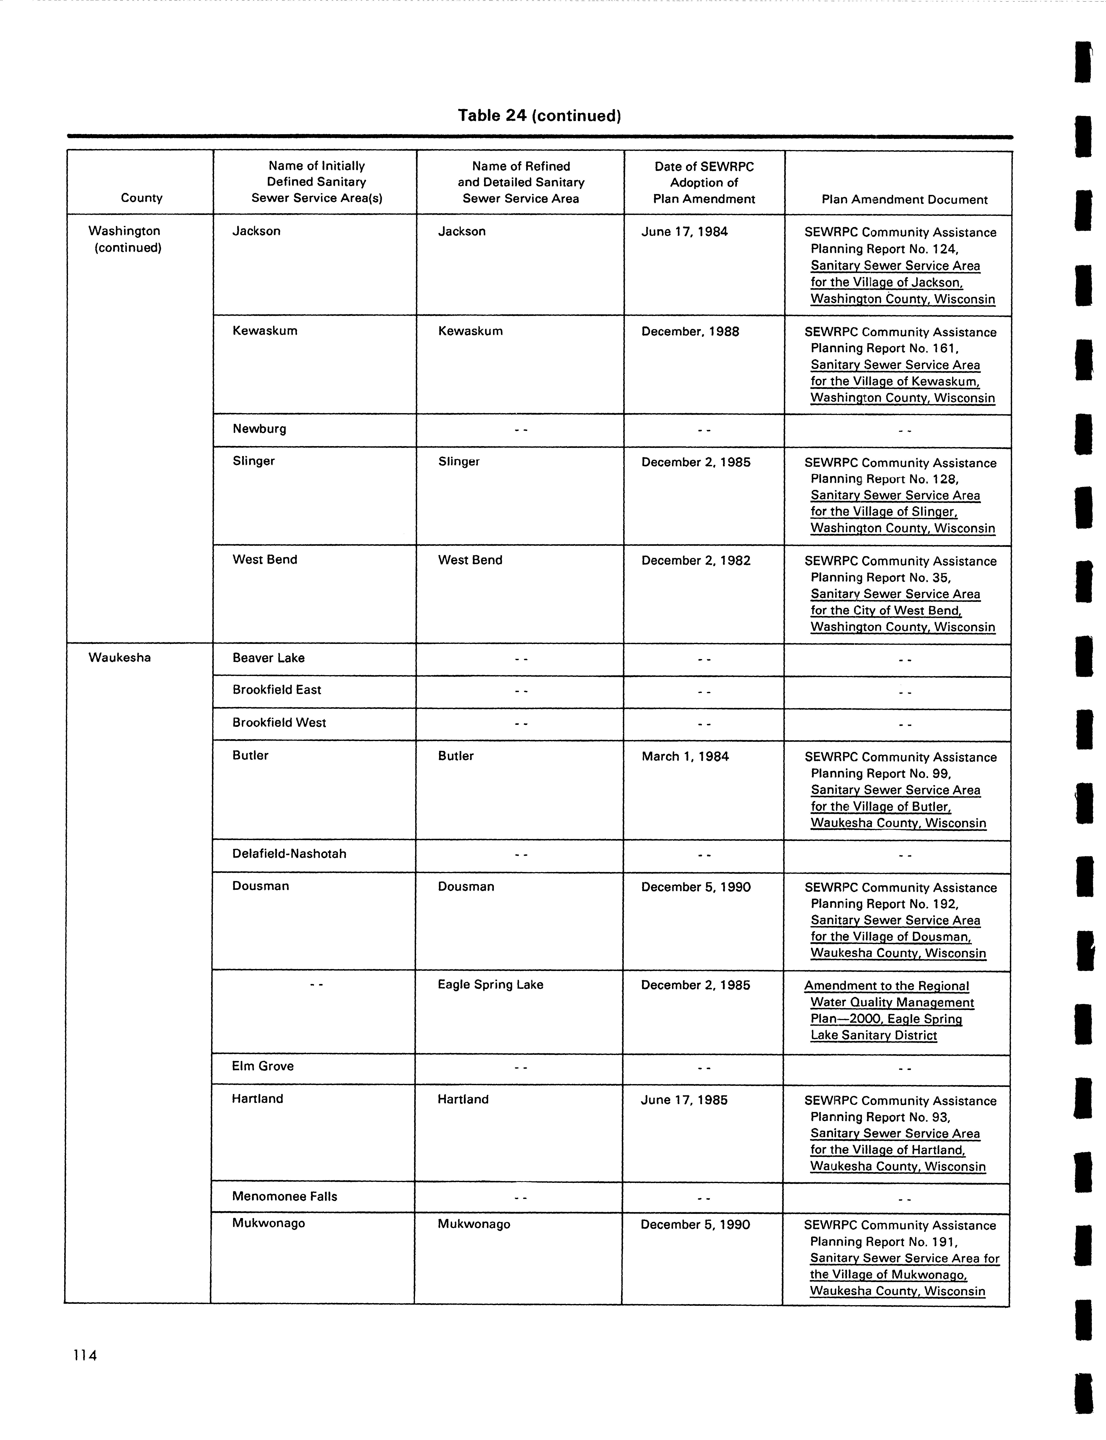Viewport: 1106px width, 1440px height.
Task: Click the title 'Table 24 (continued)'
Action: (539, 116)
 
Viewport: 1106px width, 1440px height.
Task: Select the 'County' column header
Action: (142, 198)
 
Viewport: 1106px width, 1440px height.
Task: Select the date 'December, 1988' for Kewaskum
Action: (690, 331)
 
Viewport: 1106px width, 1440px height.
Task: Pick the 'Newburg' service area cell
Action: (259, 429)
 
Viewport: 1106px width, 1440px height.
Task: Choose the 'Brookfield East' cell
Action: (277, 690)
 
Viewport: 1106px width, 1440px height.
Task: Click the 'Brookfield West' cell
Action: (279, 723)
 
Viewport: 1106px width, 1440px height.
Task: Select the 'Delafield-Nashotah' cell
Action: (289, 854)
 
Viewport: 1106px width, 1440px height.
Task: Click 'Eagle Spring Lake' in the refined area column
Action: (491, 985)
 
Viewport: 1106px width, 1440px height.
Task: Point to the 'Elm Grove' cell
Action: (263, 1066)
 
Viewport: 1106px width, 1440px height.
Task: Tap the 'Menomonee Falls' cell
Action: (284, 1196)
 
